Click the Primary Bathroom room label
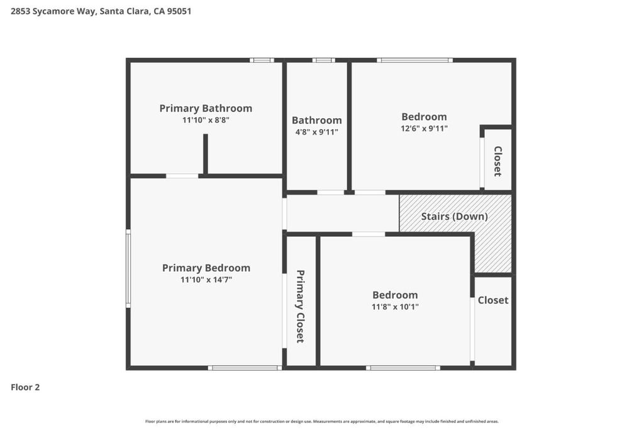[206, 108]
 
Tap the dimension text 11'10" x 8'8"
[206, 120]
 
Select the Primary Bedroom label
[206, 268]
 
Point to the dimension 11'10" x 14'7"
[206, 280]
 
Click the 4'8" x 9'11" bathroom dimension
[317, 132]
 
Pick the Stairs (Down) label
[454, 216]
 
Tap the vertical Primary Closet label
[300, 306]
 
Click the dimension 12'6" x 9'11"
[425, 128]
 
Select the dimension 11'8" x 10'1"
[395, 307]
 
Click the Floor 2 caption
[25, 387]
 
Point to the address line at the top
[101, 11]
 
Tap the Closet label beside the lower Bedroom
[493, 300]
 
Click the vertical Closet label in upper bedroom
[497, 161]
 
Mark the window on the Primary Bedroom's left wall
[128, 268]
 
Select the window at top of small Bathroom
[324, 60]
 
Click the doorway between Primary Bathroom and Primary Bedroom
[182, 176]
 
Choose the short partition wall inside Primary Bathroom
[206, 154]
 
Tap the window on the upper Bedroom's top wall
[415, 60]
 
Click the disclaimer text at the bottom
[322, 421]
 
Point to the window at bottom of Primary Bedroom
[245, 368]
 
